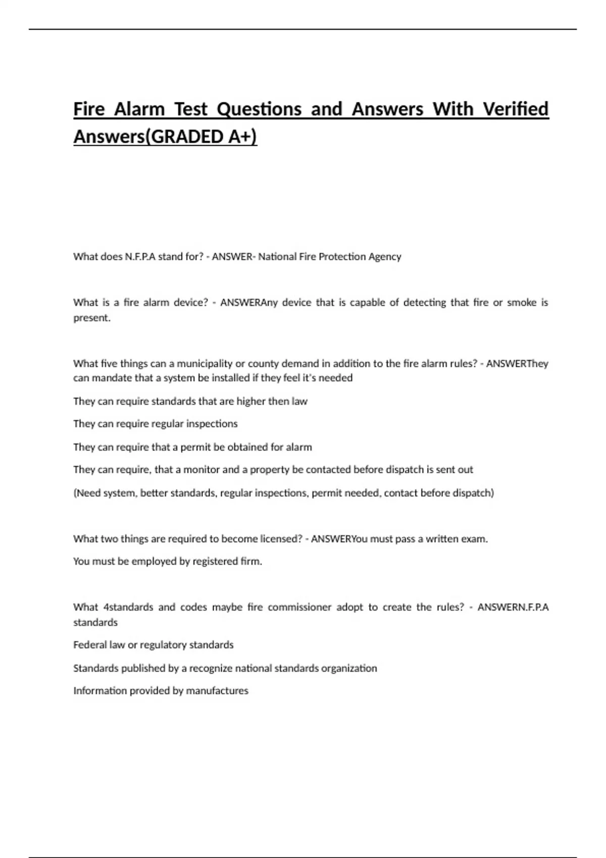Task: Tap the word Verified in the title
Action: [x=516, y=109]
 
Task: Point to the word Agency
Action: [x=385, y=256]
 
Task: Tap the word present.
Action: [x=91, y=318]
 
